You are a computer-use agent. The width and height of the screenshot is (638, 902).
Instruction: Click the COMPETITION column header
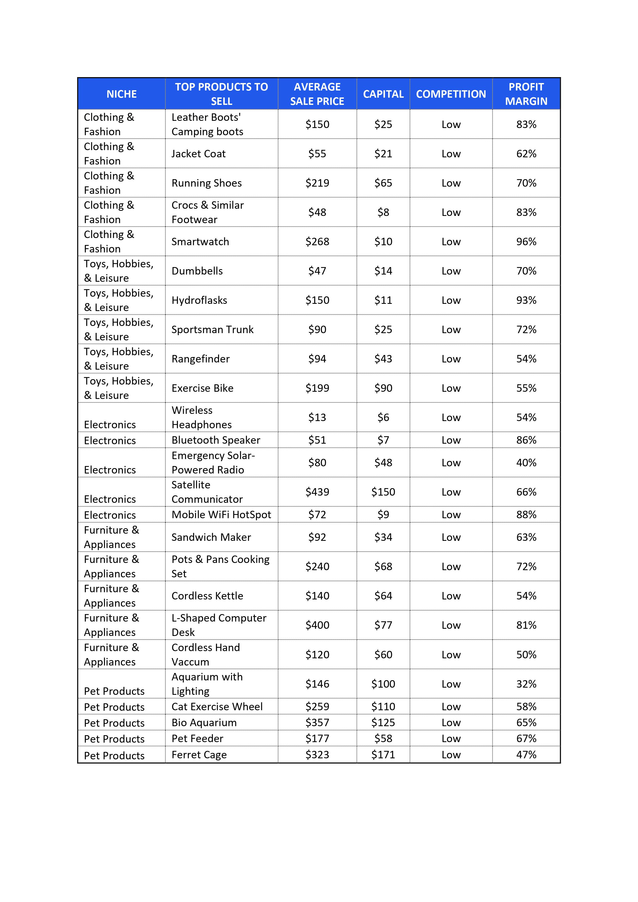coord(451,94)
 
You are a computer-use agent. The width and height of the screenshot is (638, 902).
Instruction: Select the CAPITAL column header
coord(383,94)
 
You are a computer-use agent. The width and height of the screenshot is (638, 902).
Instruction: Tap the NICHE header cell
coord(121,94)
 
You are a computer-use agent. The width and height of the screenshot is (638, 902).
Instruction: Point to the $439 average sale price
coord(317,492)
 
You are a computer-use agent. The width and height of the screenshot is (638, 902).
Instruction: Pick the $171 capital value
coord(383,755)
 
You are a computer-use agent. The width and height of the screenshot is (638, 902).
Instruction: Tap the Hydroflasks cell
coord(199,300)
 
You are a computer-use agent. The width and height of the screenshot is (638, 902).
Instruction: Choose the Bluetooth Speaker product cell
coord(216,440)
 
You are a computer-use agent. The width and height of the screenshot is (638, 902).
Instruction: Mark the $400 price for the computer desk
coord(317,625)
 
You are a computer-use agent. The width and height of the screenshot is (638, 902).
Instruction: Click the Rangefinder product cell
coord(201,359)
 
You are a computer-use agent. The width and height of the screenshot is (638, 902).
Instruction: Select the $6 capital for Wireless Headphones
coord(383,417)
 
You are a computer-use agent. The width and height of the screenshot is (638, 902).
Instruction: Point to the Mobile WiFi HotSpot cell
coord(221,515)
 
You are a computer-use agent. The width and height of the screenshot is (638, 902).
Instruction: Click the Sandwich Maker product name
coord(211,537)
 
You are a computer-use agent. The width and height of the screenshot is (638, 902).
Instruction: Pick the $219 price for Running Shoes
coord(317,183)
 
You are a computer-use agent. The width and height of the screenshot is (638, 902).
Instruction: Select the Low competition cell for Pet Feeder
coord(451,739)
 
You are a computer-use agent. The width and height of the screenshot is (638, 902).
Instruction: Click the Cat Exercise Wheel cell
coord(217,707)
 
